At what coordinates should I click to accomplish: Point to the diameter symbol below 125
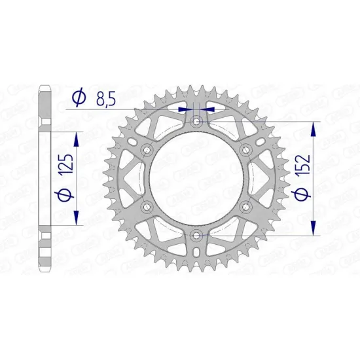point(63,195)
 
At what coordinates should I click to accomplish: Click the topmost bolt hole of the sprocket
point(197,121)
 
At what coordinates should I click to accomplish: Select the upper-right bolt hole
point(246,150)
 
